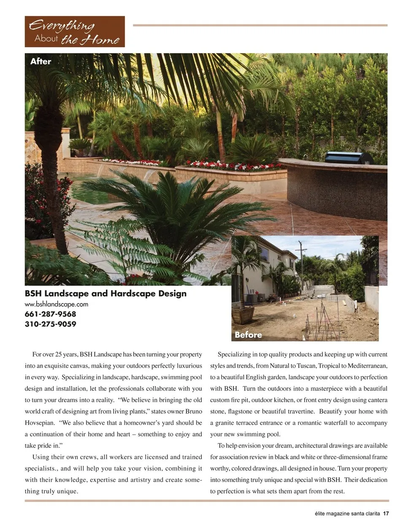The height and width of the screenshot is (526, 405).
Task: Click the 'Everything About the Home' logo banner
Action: (75, 32)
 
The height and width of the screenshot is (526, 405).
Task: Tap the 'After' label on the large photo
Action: (40, 62)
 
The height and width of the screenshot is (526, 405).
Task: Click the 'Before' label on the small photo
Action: (248, 335)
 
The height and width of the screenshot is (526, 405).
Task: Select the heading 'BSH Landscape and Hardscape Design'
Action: (105, 293)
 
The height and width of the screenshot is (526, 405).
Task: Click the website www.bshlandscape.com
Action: (57, 304)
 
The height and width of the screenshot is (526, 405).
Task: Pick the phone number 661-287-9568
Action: (51, 314)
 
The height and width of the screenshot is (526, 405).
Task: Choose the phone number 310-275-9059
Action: (51, 324)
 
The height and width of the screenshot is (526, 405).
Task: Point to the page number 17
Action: (386, 513)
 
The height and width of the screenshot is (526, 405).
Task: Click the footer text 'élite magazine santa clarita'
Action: (347, 513)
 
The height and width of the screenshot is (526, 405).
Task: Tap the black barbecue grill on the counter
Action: (348, 158)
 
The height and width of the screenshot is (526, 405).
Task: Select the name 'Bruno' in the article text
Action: (192, 411)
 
